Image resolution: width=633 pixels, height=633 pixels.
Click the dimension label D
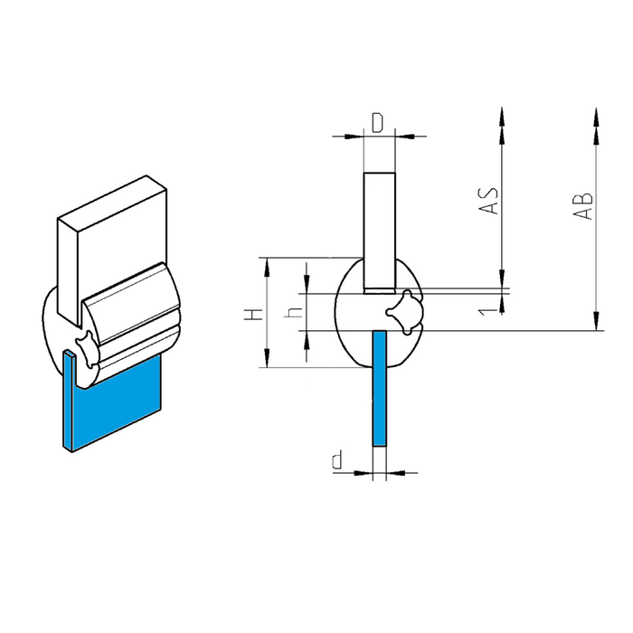coord(377,123)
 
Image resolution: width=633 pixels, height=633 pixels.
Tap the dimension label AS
coord(489,200)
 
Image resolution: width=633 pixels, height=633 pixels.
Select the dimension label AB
coord(584,206)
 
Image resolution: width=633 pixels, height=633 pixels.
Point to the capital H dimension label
coord(254,314)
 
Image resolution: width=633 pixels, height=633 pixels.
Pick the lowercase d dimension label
coord(337,459)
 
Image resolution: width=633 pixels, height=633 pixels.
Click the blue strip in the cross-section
coord(380,388)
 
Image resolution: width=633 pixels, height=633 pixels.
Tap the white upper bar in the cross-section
coord(380,233)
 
